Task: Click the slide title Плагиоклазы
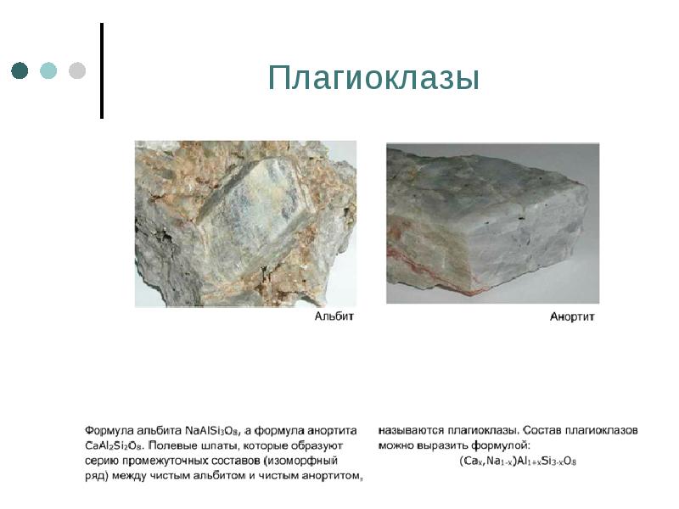373,79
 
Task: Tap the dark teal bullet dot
20,70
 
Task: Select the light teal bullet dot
48,70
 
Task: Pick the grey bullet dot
76,70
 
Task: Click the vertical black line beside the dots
102,70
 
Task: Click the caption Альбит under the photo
334,316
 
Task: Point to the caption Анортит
572,317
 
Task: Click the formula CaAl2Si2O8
115,445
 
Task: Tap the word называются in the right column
410,431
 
